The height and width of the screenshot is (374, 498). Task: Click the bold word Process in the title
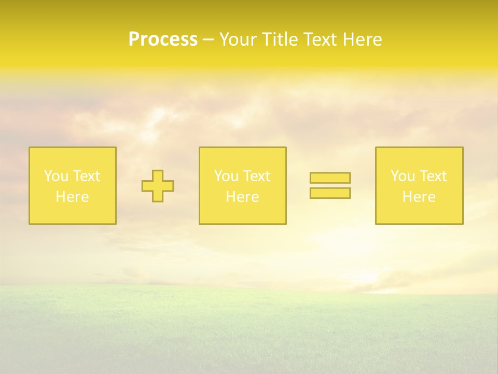[163, 39]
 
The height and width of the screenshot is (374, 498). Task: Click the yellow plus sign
[158, 186]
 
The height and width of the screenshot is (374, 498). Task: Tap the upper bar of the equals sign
[330, 178]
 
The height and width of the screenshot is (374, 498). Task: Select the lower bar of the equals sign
[330, 193]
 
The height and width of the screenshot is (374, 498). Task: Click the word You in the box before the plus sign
[56, 176]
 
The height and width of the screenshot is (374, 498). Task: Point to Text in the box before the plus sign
[86, 176]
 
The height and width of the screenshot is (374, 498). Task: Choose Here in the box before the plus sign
[72, 197]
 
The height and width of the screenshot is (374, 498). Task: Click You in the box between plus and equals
[226, 176]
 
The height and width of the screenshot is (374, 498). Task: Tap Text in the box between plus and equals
[256, 176]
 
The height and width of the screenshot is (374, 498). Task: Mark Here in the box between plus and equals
[242, 197]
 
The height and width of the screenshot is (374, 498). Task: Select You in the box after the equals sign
[402, 176]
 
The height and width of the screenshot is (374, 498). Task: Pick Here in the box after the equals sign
[419, 197]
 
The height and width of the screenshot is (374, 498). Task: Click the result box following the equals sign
[419, 213]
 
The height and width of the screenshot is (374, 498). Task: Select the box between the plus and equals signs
[242, 213]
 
